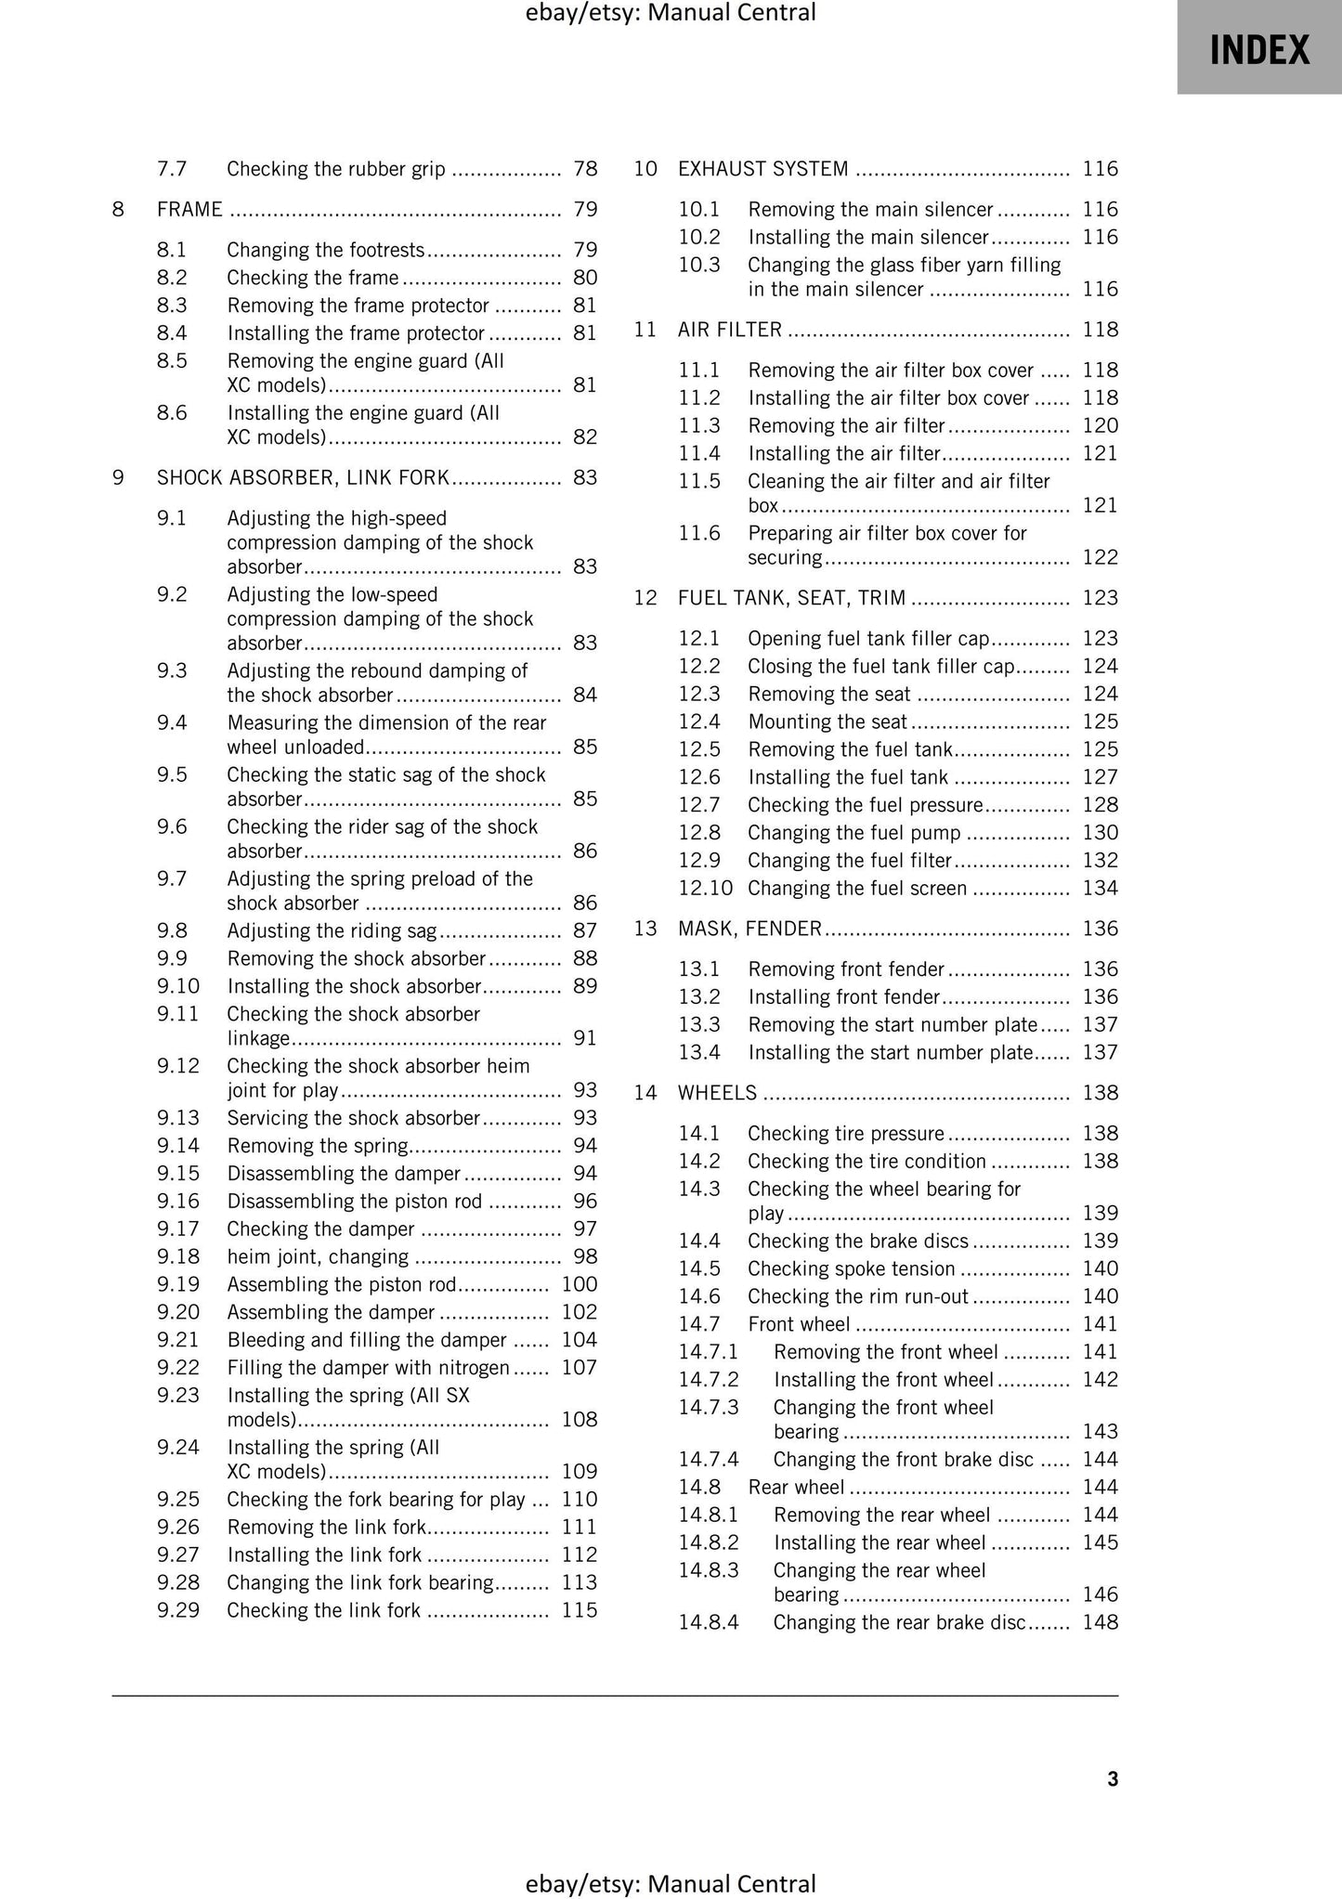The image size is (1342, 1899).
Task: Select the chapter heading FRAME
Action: tap(189, 210)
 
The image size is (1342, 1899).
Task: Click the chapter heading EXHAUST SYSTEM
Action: tap(762, 169)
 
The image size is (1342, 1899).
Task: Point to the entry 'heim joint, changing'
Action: tap(318, 1256)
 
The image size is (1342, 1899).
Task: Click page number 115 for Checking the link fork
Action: tap(580, 1610)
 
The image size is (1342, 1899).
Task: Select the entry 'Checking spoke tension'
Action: tap(851, 1268)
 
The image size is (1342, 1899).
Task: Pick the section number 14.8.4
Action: tap(708, 1622)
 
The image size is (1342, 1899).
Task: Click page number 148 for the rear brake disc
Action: tap(1101, 1622)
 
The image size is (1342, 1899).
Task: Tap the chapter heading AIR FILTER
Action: tap(730, 330)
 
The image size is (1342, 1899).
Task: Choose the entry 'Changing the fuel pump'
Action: tap(853, 833)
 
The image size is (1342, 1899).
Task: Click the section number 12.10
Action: tap(705, 888)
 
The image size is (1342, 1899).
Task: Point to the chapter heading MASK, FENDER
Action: tap(749, 929)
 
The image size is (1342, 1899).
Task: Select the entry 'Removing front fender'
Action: tap(846, 969)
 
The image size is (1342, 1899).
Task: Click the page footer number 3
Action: tap(1113, 1778)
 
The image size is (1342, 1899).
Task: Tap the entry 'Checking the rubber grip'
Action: tap(335, 169)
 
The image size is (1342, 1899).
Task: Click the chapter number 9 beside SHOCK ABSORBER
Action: tap(118, 477)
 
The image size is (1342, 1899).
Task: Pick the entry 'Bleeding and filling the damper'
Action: tap(367, 1340)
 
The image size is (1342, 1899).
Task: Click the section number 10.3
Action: tap(698, 265)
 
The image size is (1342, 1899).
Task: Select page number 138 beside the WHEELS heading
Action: tap(1101, 1093)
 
